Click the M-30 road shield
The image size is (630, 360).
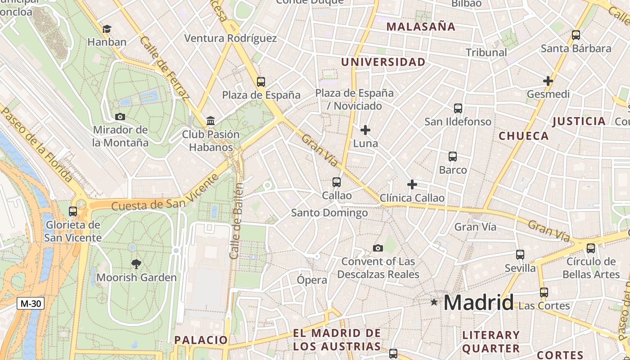pos(31,303)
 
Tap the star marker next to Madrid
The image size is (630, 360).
pos(434,302)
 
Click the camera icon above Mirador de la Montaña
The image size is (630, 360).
pos(120,117)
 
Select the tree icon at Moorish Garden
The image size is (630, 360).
pos(136,264)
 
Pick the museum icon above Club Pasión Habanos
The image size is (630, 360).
pos(211,121)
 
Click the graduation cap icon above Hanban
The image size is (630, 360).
pos(107,29)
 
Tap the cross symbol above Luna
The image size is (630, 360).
pos(365,130)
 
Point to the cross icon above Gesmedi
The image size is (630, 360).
pos(548,81)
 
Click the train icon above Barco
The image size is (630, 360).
pos(453,157)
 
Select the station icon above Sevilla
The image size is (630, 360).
pos(520,255)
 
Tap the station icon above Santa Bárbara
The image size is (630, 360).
pos(576,35)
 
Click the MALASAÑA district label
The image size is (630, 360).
pos(421,27)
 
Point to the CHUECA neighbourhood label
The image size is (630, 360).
pos(524,136)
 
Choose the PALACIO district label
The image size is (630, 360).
pos(201,340)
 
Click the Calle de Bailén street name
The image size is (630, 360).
pos(237,220)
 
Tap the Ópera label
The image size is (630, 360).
pos(312,280)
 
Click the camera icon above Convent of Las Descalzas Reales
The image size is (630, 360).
pos(378,248)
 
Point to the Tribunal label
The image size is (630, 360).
pos(486,52)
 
